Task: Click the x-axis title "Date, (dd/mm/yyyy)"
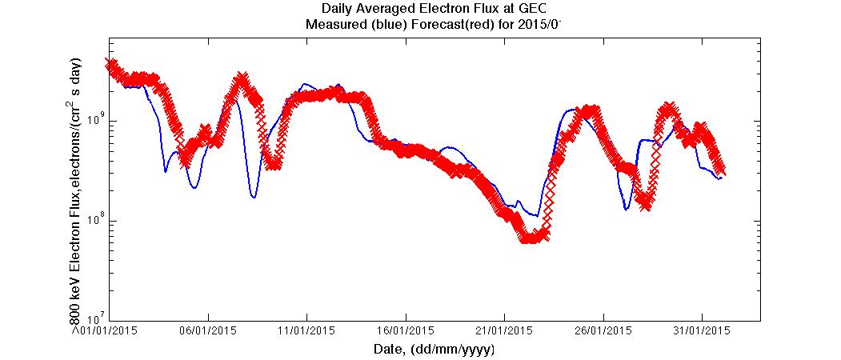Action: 434,350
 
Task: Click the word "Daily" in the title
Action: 338,9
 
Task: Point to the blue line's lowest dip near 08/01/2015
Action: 254,196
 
